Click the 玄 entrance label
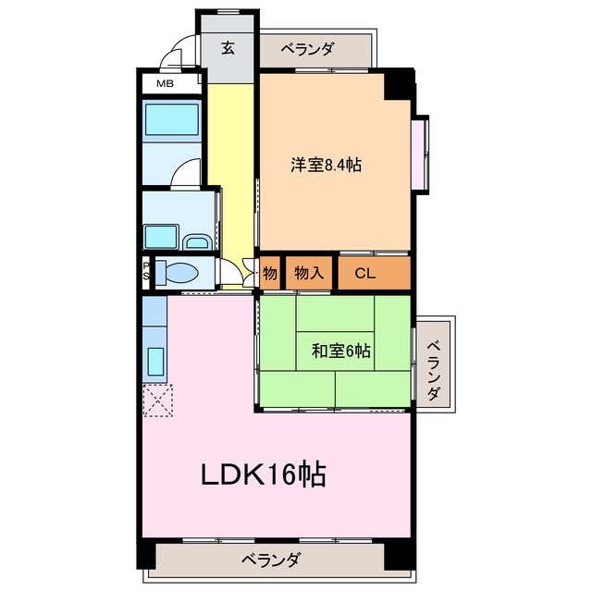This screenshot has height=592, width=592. (227, 48)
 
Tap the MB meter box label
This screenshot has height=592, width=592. (164, 84)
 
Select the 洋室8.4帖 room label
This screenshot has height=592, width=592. (326, 166)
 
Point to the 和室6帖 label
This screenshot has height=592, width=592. (341, 351)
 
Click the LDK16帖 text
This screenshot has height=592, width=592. (263, 475)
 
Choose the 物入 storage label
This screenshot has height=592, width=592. (308, 273)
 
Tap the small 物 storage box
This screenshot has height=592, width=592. (269, 273)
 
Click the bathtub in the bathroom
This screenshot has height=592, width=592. (172, 120)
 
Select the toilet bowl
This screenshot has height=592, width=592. (179, 273)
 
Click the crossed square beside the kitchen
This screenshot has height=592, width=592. (157, 400)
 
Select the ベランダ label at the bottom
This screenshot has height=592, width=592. (271, 559)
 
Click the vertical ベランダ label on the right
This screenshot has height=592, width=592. (434, 369)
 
